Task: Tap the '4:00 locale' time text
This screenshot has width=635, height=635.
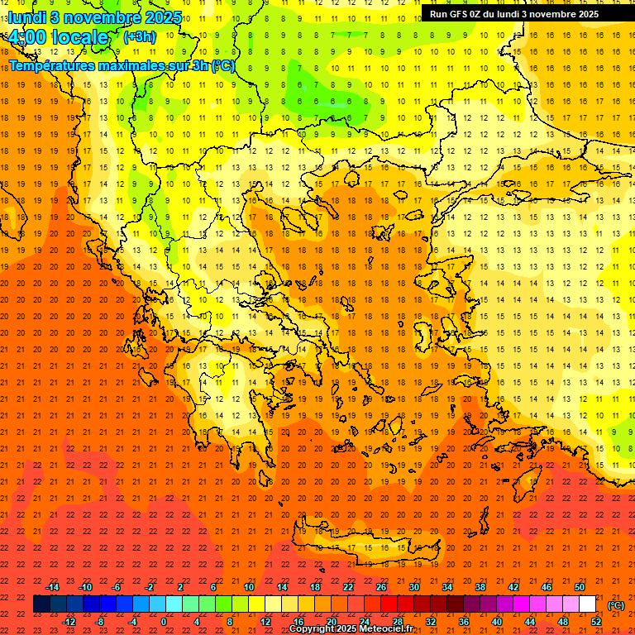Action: [59, 37]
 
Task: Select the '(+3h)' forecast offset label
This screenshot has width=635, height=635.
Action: [138, 36]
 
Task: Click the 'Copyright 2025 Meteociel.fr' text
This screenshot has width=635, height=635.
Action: [351, 629]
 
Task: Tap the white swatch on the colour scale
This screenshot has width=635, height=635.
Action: [587, 604]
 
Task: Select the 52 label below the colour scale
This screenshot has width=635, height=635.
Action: [596, 622]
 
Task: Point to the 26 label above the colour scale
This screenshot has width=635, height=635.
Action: [381, 587]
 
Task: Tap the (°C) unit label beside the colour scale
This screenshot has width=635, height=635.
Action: [616, 605]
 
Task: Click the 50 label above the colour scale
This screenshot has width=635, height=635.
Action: [580, 587]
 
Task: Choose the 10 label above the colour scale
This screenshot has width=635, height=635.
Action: [249, 587]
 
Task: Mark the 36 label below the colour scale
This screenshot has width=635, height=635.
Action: [464, 622]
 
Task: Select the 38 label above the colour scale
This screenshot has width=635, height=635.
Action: [480, 587]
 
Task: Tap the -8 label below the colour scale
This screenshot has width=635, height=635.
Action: [99, 622]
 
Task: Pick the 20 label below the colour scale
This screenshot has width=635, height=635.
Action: [331, 622]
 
